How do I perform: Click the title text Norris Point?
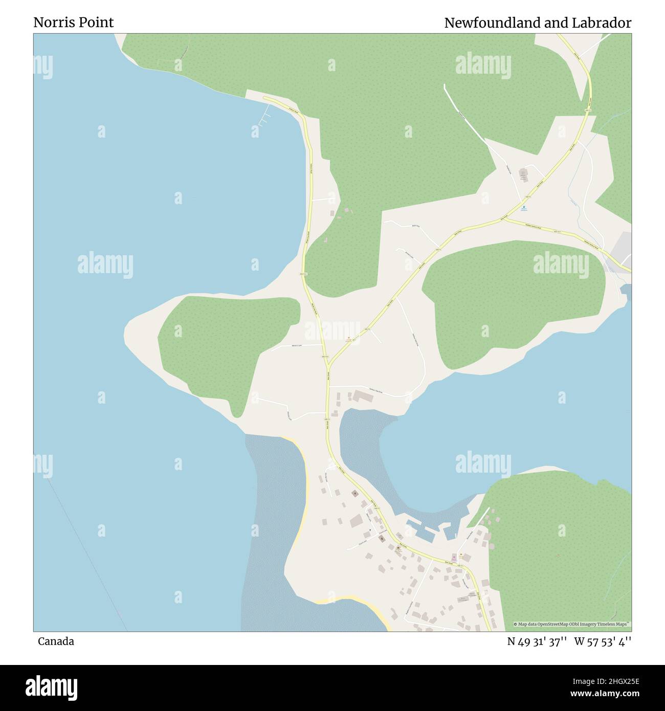coord(74,23)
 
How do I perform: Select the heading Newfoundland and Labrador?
coord(537,23)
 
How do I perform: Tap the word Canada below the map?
coord(56,641)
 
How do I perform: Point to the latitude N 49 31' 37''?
coord(537,641)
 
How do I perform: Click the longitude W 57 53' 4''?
coord(603,641)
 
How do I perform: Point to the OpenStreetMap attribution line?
coord(572,624)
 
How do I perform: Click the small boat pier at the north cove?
coord(264,116)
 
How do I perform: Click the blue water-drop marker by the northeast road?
coord(523,207)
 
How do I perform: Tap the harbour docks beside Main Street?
coord(425,532)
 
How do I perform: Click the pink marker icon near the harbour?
coord(453,557)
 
